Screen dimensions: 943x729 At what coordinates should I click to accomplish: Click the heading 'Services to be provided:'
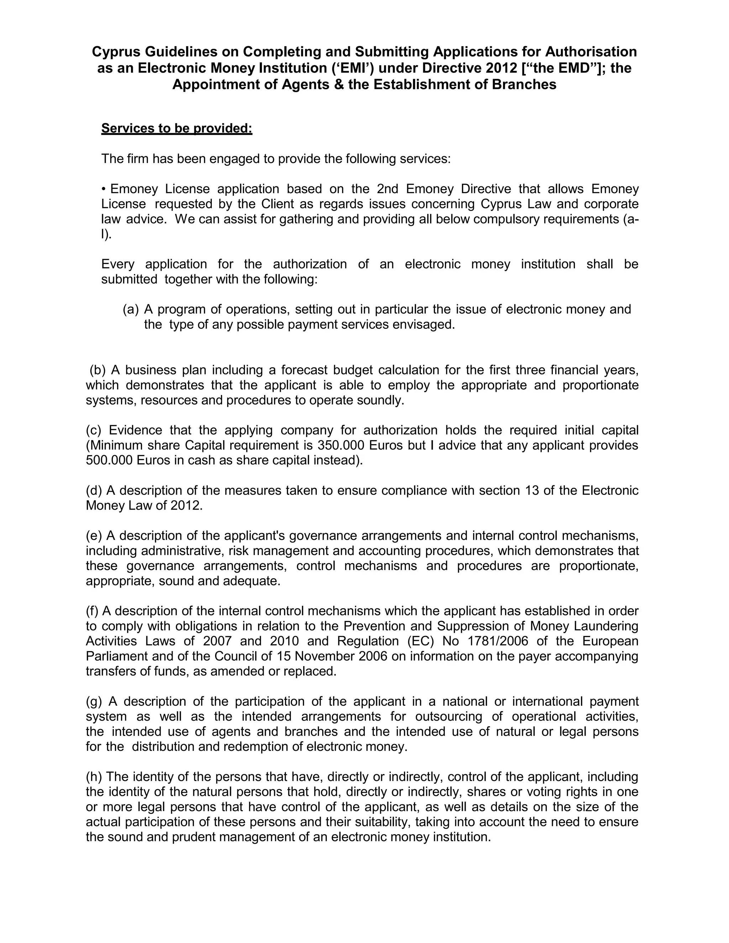point(177,128)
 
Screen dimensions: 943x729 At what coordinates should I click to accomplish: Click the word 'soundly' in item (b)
point(381,400)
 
